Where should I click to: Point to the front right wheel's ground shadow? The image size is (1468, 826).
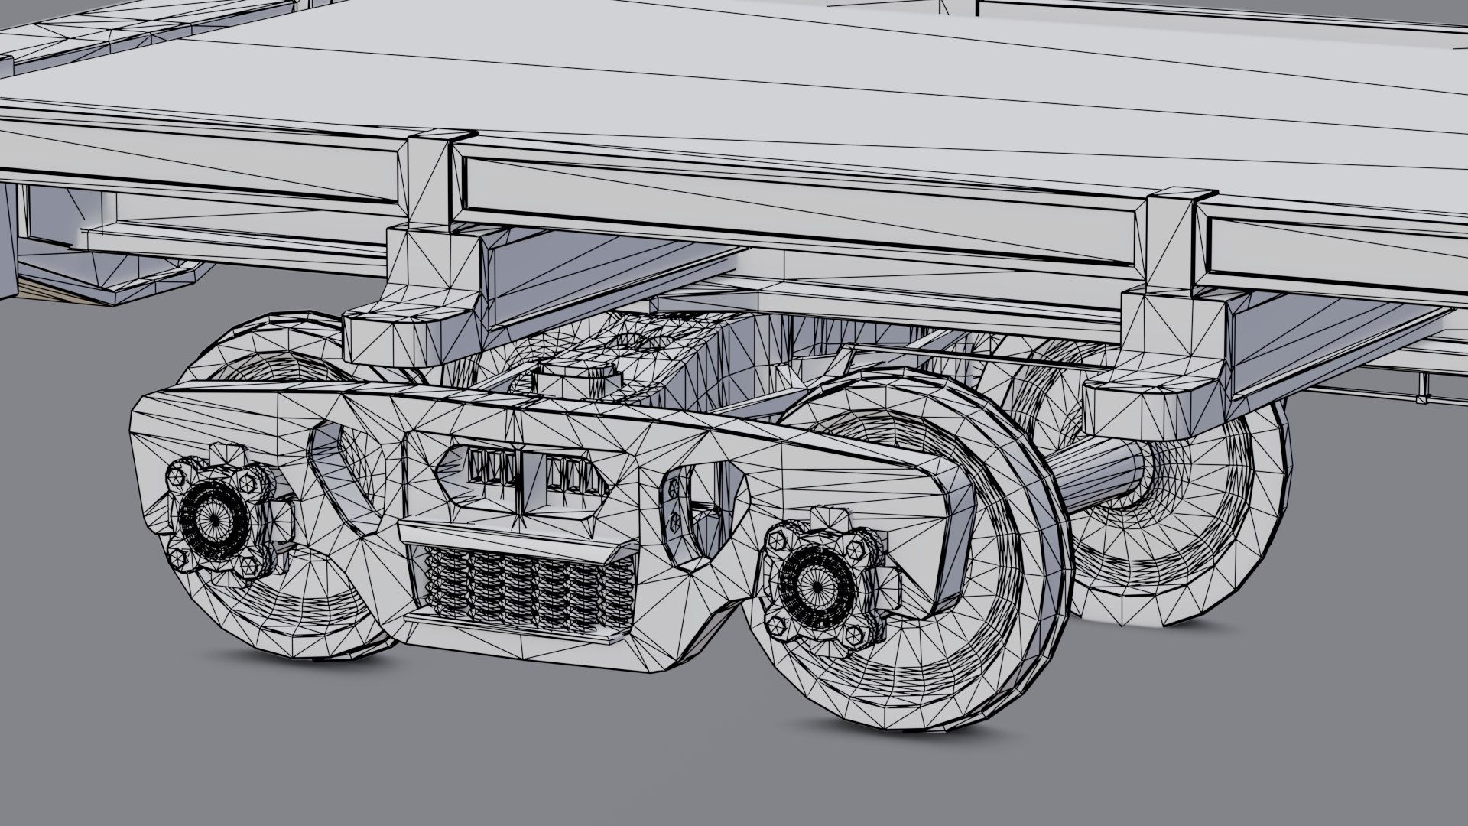pos(917,730)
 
